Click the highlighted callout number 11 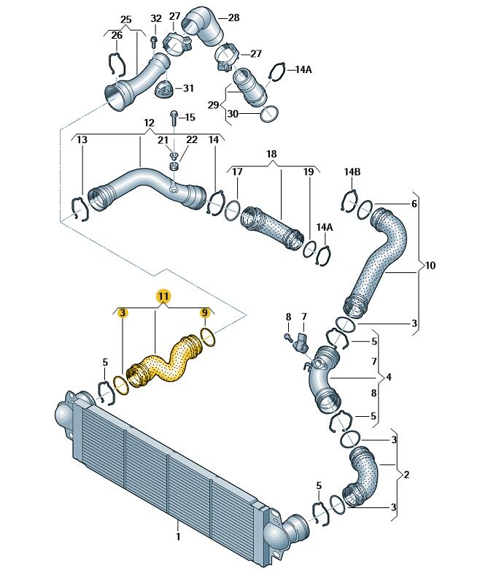click(163, 296)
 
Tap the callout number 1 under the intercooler click(177, 537)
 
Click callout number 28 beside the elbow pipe click(233, 18)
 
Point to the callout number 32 click(155, 18)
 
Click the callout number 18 click(271, 155)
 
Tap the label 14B click(352, 172)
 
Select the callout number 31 click(188, 88)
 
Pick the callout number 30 click(232, 113)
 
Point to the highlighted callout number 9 click(205, 313)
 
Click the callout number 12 click(149, 123)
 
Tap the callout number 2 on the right click(406, 475)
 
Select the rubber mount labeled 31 click(165, 92)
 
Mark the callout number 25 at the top click(125, 18)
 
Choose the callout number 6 click(414, 204)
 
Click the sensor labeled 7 click(300, 340)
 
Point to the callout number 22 click(191, 139)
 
